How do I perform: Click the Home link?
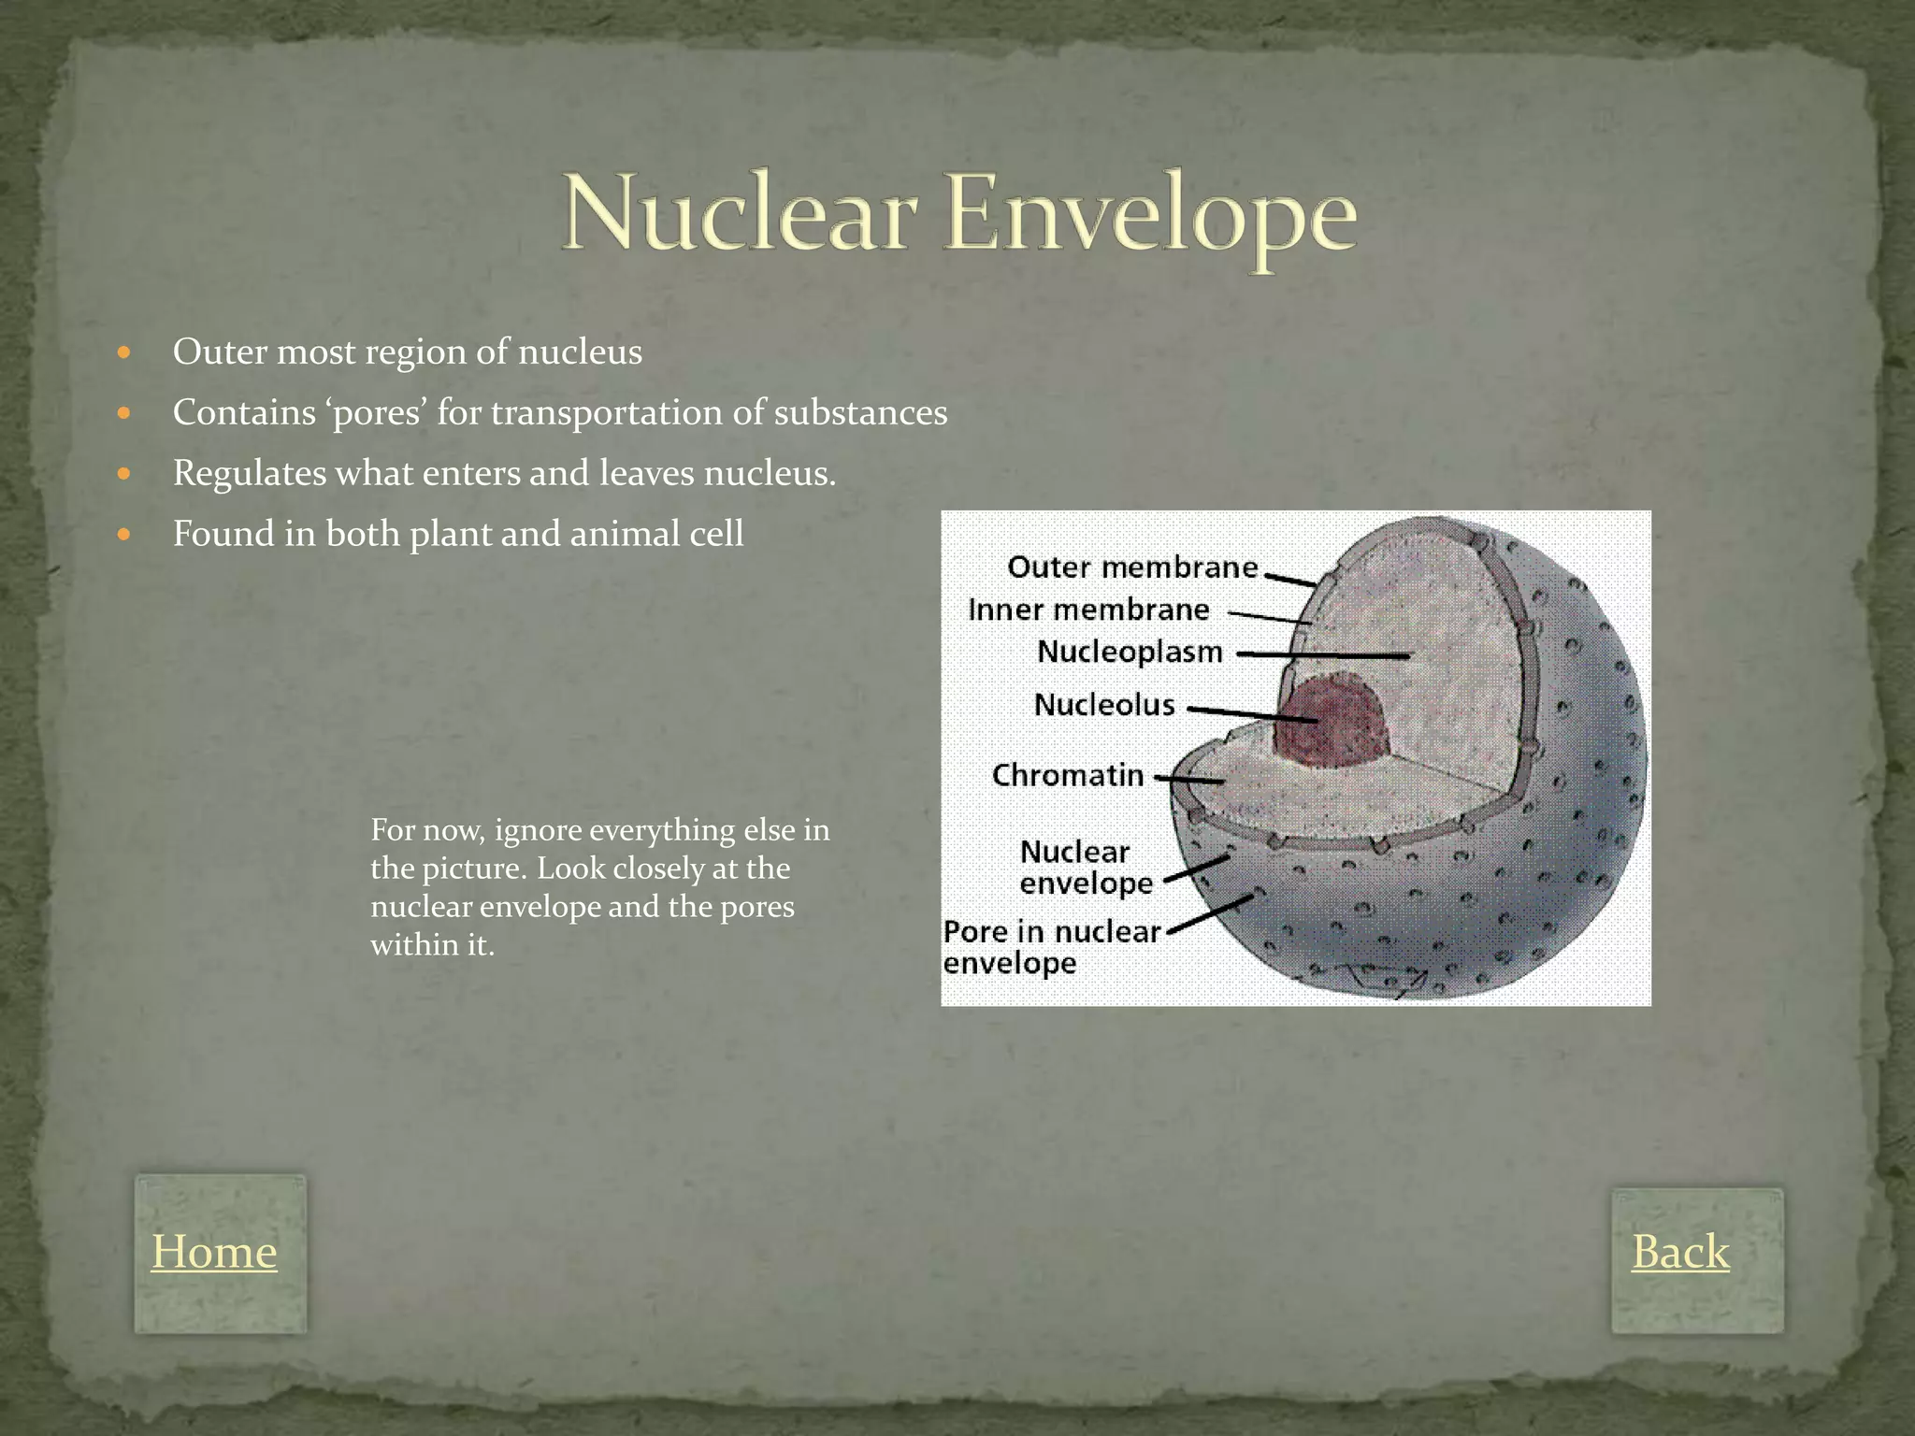click(x=214, y=1251)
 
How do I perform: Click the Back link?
click(x=1680, y=1251)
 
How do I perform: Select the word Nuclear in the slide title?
click(x=738, y=215)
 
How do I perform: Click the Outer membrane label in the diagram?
click(x=1132, y=567)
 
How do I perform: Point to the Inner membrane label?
click(x=1088, y=610)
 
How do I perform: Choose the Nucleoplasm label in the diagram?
click(x=1130, y=652)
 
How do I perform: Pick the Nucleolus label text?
click(x=1104, y=704)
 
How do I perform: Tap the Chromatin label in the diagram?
click(x=1068, y=775)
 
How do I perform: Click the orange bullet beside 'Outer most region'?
click(x=124, y=353)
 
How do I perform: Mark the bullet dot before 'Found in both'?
click(x=124, y=536)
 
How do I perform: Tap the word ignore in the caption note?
click(x=537, y=830)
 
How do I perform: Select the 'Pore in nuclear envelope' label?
click(x=1051, y=947)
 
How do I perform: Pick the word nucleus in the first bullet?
click(x=580, y=352)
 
